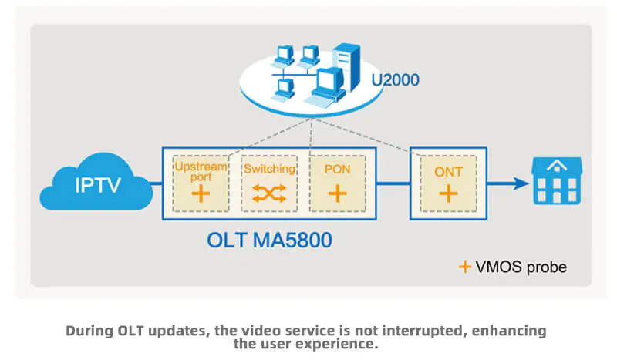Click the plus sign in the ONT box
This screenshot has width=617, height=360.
(448, 193)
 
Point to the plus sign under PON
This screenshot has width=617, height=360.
(337, 193)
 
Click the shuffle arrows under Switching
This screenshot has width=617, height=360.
(268, 194)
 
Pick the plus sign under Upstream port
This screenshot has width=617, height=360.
(200, 194)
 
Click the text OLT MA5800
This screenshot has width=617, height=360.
(269, 240)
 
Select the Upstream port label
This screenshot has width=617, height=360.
(200, 172)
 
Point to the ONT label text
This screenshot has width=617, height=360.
(448, 171)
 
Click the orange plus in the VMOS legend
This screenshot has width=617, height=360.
(464, 267)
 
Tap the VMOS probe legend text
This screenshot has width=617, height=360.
(522, 267)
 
